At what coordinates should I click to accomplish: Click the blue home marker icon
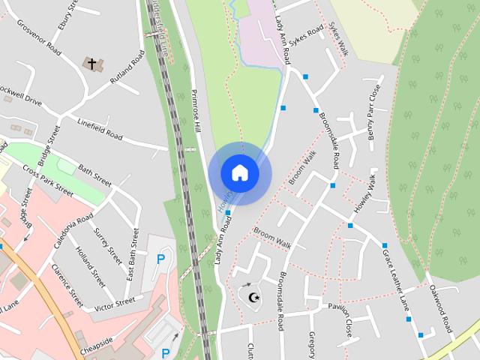point(239,172)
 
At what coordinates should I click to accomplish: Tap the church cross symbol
point(93,64)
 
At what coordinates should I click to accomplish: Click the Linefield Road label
point(99,130)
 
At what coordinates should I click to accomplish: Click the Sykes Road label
point(306,34)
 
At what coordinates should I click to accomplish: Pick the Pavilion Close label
point(347,318)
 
